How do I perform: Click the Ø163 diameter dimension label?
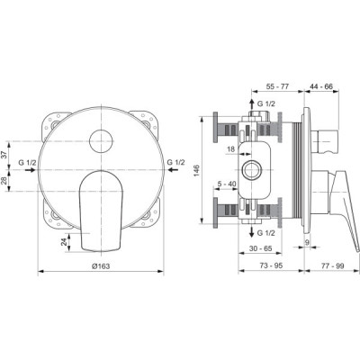(101, 265)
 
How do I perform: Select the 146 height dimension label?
(196, 171)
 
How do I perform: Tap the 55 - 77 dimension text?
(277, 86)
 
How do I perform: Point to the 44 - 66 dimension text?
(321, 86)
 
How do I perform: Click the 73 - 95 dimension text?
(271, 265)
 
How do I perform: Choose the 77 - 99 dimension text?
(333, 265)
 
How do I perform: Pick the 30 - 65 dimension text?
(260, 248)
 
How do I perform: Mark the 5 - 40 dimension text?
(227, 184)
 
